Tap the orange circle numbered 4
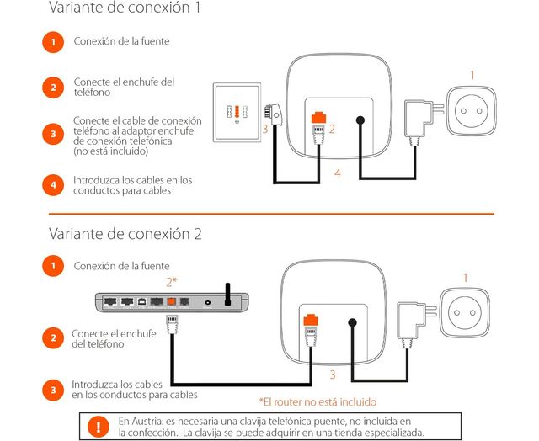52,183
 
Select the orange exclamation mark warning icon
99,427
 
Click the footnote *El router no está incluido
318,402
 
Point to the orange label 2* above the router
173,281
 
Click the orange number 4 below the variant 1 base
338,173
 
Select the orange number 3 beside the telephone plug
264,129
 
